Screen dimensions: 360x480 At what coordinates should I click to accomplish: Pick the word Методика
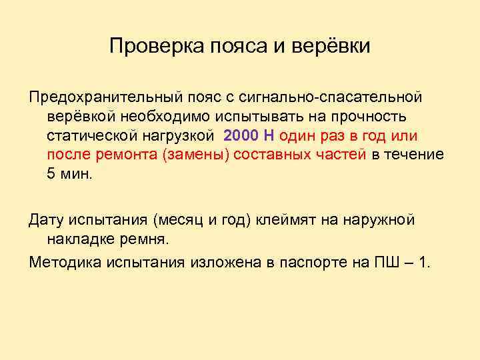(62, 263)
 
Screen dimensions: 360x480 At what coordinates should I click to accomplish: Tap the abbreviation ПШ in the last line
(382, 263)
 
